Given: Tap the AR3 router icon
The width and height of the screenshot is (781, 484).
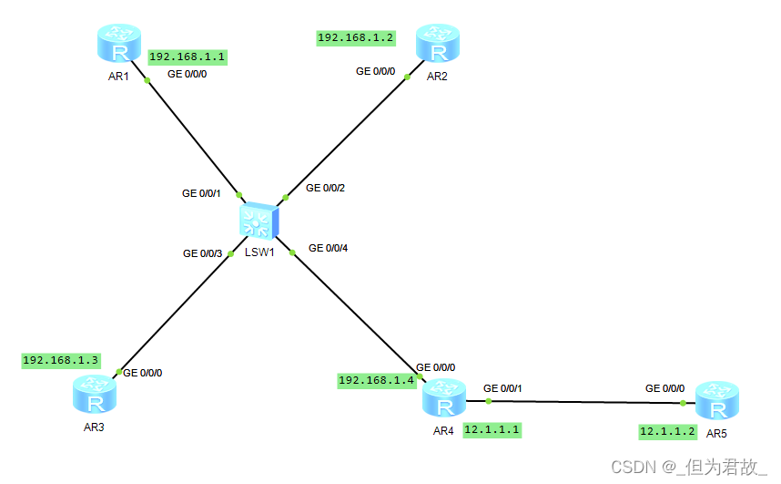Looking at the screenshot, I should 95,394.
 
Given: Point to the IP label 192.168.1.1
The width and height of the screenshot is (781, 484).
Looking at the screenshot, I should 188,57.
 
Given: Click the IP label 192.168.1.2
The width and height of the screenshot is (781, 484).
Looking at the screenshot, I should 356,37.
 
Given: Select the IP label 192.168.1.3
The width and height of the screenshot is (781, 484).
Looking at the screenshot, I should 61,360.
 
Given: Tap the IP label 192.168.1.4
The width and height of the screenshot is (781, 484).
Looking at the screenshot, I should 377,380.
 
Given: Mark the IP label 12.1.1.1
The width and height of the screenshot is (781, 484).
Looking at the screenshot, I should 492,429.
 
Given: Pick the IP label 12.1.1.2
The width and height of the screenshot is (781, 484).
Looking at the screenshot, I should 668,431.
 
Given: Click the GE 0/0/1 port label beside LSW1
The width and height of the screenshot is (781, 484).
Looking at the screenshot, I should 201,193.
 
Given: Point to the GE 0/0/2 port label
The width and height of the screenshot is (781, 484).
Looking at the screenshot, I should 325,188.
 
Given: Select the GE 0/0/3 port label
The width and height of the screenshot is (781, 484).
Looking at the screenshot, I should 202,253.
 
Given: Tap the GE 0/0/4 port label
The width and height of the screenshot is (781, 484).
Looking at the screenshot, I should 328,247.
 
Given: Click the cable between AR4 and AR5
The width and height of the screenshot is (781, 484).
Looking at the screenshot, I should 583,401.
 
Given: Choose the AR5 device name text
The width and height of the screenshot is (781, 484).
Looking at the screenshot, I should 716,434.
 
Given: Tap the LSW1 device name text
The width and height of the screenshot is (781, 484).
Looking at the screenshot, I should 259,252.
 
